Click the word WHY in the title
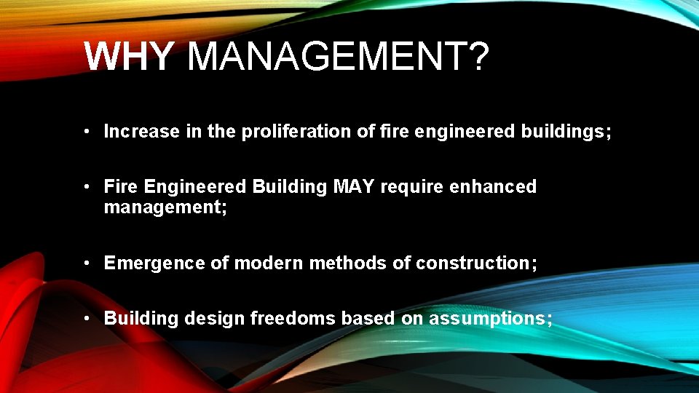tap(129, 57)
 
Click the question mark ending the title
tap(476, 57)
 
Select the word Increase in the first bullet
tap(141, 132)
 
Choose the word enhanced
tap(494, 187)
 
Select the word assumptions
tap(487, 318)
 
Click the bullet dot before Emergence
tap(86, 263)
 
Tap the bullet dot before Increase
tap(86, 132)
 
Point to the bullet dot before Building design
tap(86, 318)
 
